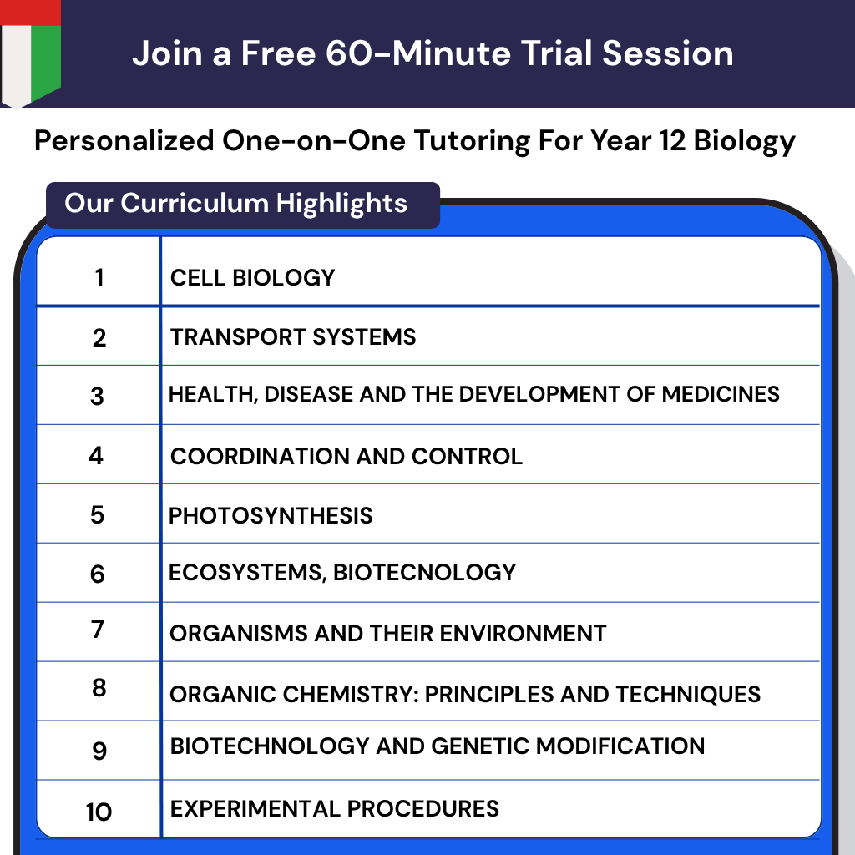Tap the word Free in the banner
tap(279, 53)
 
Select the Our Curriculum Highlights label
tap(236, 203)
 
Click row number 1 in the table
tap(99, 277)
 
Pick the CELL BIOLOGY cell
tap(252, 277)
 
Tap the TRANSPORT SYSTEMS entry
tap(293, 337)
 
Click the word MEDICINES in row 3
tap(721, 393)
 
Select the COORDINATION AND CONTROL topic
tap(347, 456)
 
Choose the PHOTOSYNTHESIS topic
tap(271, 515)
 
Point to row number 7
tap(99, 630)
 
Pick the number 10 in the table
tap(99, 812)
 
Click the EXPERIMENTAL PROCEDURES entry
tap(335, 808)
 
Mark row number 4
tap(97, 456)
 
